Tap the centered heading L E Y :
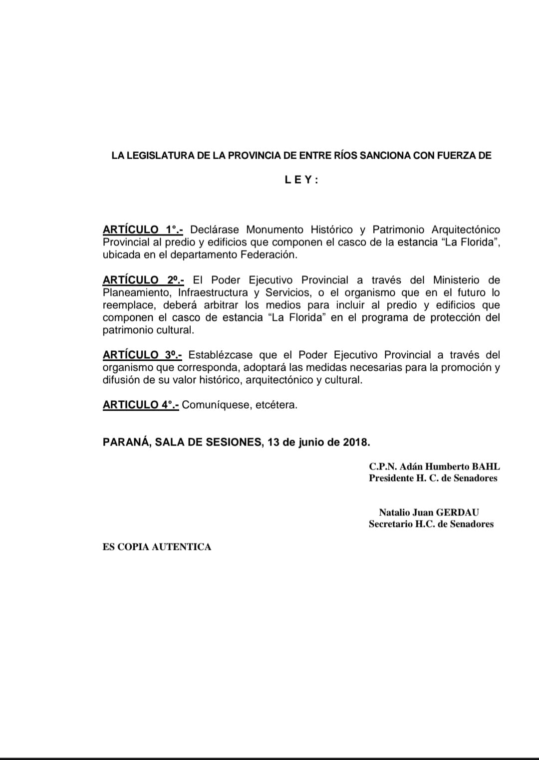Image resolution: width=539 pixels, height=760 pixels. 301,180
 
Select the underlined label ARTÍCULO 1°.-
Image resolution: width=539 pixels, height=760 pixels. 143,230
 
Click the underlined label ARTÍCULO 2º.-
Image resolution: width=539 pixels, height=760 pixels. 143,280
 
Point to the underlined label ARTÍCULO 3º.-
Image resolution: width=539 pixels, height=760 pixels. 142,355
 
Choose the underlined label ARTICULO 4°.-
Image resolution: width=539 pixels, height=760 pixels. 141,405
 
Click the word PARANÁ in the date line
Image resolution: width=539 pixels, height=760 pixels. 126,442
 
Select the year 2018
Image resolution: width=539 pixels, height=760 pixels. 356,442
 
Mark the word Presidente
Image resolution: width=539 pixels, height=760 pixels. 392,478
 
